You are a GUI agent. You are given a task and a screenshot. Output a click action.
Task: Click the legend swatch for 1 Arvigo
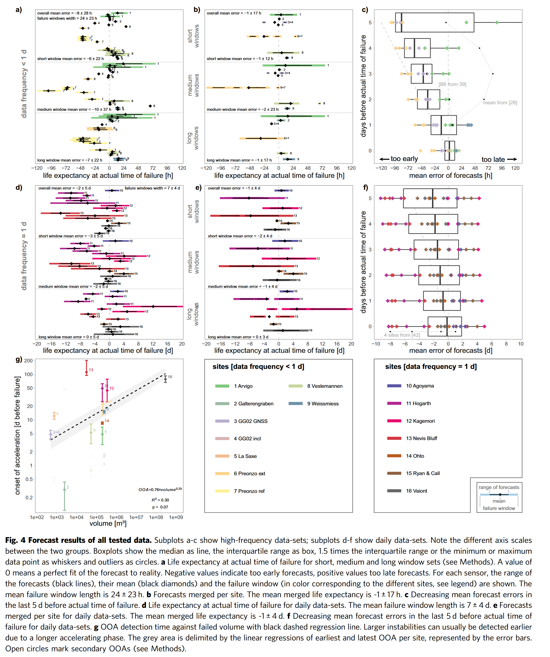tap(222, 386)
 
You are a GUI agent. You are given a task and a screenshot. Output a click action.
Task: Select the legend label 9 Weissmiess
tap(323, 404)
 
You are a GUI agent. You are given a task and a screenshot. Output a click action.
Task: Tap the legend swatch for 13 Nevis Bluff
tap(394, 438)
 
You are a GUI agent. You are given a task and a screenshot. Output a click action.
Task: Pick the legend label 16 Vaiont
tap(416, 491)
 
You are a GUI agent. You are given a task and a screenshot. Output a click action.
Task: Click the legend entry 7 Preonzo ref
tap(249, 491)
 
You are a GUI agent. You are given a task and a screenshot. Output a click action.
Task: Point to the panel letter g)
tap(19, 360)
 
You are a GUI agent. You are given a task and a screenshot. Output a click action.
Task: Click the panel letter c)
tap(365, 10)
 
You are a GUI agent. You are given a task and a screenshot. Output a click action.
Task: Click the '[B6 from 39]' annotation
tap(452, 84)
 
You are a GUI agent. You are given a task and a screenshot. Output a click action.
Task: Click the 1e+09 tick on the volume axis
tap(176, 517)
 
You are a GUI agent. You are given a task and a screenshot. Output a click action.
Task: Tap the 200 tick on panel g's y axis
tap(29, 361)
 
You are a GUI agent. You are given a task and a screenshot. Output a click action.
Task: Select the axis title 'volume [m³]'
tap(108, 524)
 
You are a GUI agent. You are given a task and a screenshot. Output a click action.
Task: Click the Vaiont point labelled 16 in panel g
tap(165, 379)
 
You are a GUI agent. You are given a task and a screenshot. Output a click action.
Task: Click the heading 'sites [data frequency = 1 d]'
tap(431, 367)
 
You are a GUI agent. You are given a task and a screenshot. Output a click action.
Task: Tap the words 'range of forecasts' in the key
tap(499, 487)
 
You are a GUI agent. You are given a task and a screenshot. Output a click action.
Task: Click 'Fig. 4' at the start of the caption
tap(16, 540)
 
